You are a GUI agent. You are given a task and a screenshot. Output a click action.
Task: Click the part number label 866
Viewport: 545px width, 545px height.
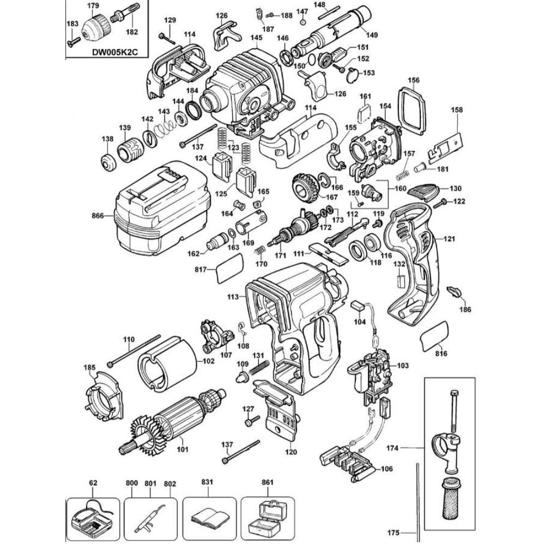[98, 216]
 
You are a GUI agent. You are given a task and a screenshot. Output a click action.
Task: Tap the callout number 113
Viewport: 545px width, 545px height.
[233, 297]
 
